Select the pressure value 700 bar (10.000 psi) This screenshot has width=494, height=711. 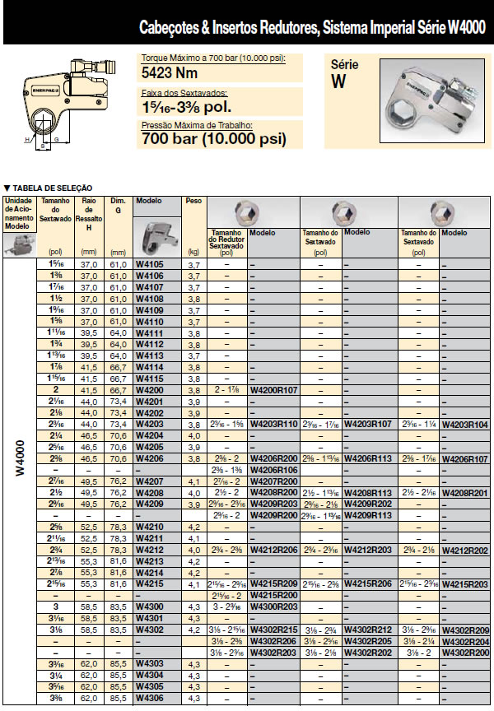point(214,139)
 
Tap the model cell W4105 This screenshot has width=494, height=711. point(149,265)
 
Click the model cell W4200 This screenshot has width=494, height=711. point(149,389)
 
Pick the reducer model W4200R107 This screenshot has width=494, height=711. point(273,389)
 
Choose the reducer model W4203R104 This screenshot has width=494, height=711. point(465,424)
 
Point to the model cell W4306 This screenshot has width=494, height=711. point(149,697)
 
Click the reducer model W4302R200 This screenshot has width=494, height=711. point(465,652)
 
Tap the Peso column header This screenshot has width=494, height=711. point(194,201)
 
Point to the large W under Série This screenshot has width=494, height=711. point(339,81)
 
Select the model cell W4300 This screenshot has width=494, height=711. point(149,606)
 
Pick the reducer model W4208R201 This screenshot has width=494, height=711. point(465,492)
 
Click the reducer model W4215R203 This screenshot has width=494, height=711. point(465,583)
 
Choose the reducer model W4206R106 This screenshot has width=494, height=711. point(273,469)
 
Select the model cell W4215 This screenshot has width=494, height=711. point(149,583)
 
